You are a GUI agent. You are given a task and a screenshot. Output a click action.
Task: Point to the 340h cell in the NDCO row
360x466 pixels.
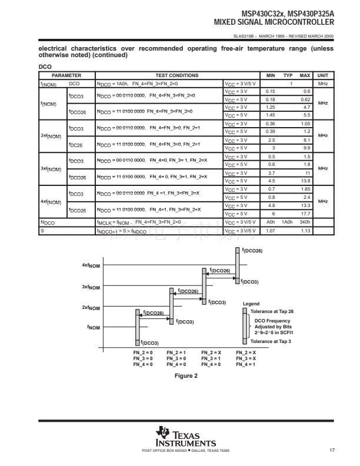pyautogui.click(x=305, y=222)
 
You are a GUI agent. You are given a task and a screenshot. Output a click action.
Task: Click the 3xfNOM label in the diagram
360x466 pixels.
pyautogui.click(x=91, y=287)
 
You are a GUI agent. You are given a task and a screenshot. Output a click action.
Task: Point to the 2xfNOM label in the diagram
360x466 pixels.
pyautogui.click(x=91, y=308)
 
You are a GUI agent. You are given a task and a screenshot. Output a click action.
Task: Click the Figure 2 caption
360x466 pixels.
pyautogui.click(x=186, y=376)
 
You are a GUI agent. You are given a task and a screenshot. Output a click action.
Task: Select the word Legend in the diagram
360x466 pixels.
pyautogui.click(x=251, y=304)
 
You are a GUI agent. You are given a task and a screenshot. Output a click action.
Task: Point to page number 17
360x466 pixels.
pyautogui.click(x=332, y=451)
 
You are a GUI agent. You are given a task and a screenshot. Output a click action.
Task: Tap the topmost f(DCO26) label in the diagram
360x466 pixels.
pyautogui.click(x=252, y=251)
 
